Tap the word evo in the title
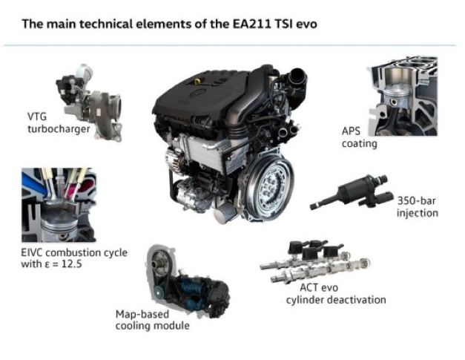pos(306,24)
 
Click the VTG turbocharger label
pos(59,122)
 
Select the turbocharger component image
pos(90,102)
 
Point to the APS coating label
pos(359,137)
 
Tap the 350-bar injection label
pos(418,207)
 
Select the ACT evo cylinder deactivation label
pos(336,294)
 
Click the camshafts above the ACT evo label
pos(315,261)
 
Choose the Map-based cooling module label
pos(153,320)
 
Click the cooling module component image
pos(188,281)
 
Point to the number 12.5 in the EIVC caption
pos(71,264)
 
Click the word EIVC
pos(31,253)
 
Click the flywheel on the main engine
pos(268,188)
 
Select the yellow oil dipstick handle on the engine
pos(197,80)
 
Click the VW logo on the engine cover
pos(197,93)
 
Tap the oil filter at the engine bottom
pos(225,213)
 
